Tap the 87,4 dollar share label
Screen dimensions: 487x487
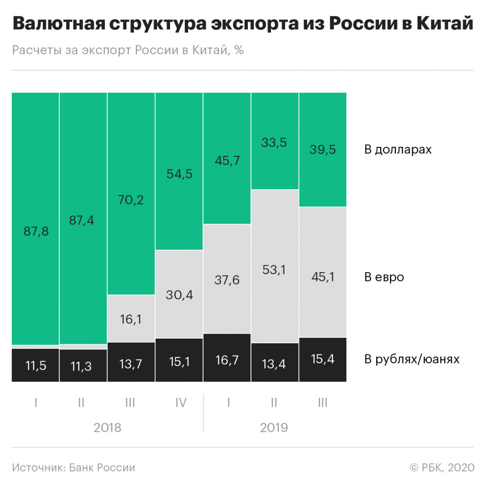(83, 220)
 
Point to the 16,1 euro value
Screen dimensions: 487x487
(131, 319)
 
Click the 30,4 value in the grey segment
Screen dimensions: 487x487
(179, 294)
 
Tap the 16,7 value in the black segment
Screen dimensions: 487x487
(227, 359)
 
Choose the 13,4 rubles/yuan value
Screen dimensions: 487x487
(275, 363)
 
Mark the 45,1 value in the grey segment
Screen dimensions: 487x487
(323, 277)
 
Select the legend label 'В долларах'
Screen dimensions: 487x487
(397, 150)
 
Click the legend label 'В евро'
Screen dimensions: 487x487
(384, 277)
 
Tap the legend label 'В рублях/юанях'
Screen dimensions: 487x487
(411, 359)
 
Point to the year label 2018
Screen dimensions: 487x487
(107, 428)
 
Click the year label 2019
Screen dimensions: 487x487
(274, 428)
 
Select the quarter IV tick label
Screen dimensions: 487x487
(180, 402)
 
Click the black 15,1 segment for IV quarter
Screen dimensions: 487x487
(179, 360)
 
